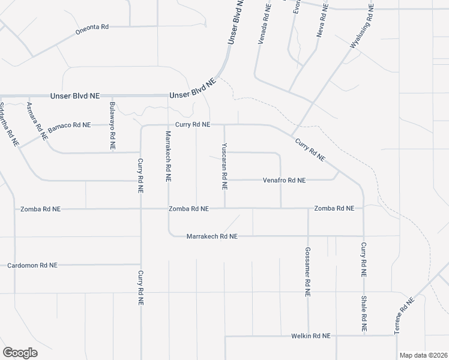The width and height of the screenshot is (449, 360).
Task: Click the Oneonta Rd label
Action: coord(92,27)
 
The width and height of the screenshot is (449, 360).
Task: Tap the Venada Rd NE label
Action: coord(262,23)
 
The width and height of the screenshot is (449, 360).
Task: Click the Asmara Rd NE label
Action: coord(37,121)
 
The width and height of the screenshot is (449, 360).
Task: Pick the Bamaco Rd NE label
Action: coord(69,125)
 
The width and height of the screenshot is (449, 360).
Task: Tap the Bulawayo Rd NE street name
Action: coord(112,126)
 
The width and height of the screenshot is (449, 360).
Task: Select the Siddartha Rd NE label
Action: coord(8,125)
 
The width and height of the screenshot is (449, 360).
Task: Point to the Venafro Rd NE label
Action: coord(285,180)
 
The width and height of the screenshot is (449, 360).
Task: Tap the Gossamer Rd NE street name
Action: coord(307,272)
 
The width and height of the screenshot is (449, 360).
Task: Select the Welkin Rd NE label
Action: coord(310,336)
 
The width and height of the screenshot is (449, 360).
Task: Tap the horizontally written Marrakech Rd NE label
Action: coord(212,236)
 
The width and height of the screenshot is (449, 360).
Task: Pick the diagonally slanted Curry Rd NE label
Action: coord(310,150)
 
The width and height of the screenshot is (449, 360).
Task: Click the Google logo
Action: coord(20,352)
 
